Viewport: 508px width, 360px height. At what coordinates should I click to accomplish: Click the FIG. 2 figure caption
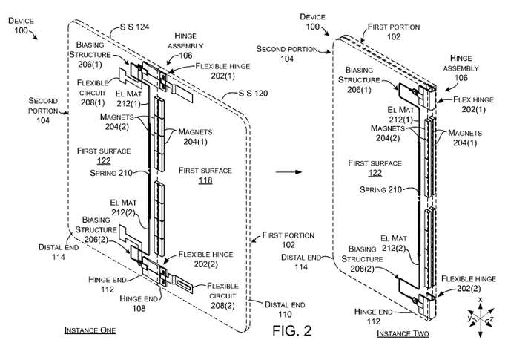(x=292, y=330)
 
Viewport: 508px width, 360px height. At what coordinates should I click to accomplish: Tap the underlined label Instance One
(x=90, y=330)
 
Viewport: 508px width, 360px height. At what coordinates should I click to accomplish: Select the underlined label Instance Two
(x=403, y=333)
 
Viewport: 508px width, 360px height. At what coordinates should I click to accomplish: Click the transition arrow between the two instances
(x=288, y=172)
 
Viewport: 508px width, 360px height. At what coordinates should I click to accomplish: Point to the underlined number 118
(x=205, y=180)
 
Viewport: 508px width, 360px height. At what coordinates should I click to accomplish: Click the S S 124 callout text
(x=134, y=27)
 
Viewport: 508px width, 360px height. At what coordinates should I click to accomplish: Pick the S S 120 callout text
(x=253, y=94)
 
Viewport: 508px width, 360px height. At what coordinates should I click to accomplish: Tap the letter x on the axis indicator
(x=481, y=299)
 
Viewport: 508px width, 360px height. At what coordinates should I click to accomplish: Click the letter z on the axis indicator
(x=492, y=319)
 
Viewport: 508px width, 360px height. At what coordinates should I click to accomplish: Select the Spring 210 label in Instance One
(x=111, y=173)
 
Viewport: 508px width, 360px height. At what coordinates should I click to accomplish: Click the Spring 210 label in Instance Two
(x=380, y=189)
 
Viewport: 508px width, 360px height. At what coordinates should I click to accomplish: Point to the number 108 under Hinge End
(x=139, y=308)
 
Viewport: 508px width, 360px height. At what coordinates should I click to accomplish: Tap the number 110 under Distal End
(x=285, y=314)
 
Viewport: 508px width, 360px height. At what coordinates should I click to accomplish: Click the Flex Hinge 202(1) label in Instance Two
(x=474, y=105)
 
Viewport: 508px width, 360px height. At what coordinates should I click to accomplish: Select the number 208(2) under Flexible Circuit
(x=222, y=306)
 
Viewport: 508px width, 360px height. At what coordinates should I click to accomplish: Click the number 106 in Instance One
(x=185, y=56)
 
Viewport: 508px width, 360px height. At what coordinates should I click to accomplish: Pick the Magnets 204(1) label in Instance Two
(x=465, y=138)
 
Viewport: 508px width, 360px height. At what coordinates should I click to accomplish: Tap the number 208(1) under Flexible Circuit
(x=93, y=102)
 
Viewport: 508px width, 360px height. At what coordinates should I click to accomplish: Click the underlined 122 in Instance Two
(x=375, y=173)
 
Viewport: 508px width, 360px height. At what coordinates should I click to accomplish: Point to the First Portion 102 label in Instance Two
(x=394, y=32)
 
